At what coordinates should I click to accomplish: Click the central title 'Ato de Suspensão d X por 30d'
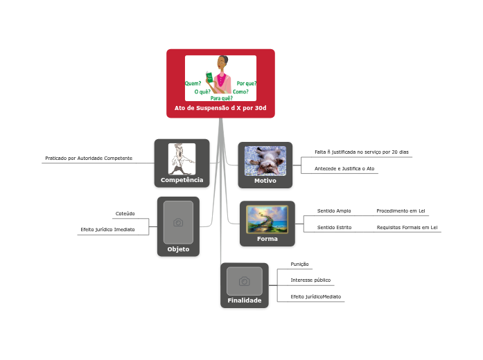point(220,108)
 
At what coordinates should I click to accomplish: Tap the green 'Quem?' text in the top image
point(193,83)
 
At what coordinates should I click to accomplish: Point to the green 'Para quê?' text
point(221,98)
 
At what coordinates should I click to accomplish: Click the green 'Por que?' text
point(247,83)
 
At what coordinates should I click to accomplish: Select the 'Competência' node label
point(182,180)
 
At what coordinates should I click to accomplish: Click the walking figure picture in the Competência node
point(182,159)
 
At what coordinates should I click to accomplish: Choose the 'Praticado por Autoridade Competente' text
point(89,159)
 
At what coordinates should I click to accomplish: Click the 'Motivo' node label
point(265,181)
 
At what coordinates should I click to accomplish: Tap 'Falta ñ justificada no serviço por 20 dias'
point(361,152)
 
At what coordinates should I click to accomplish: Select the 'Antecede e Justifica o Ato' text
point(344,168)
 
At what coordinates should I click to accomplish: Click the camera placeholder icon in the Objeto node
point(178,222)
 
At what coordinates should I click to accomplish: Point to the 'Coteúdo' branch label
point(125,214)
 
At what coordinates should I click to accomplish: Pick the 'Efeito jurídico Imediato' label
point(107,229)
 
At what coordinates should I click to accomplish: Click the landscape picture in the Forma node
point(267,219)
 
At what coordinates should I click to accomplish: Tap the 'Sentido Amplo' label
point(334,210)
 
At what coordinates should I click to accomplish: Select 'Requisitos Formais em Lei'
point(407,227)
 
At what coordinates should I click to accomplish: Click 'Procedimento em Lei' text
point(401,210)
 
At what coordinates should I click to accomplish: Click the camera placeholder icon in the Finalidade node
point(244,281)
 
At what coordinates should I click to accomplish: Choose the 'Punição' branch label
point(299,264)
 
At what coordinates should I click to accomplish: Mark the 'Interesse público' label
point(310,280)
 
